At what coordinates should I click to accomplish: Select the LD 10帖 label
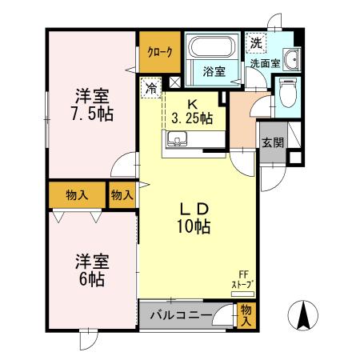click(x=193, y=217)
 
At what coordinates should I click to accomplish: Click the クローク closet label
click(x=158, y=52)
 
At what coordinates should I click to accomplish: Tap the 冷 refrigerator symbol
click(x=151, y=87)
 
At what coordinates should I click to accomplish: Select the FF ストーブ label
click(x=242, y=279)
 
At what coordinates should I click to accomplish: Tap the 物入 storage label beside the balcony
click(x=246, y=315)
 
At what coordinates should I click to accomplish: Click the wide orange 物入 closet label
click(x=77, y=194)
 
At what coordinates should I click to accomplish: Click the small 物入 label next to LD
click(x=122, y=194)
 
